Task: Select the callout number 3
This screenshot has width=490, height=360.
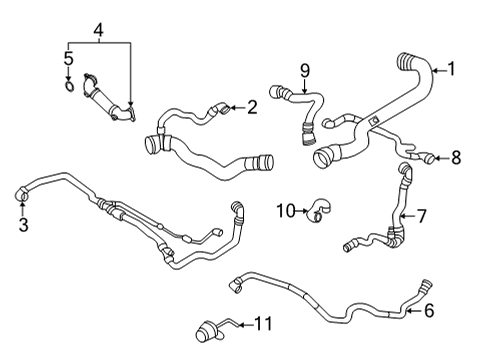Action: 23,225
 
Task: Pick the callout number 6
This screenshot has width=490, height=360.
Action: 428,311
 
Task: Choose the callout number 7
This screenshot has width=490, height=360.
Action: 422,215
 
